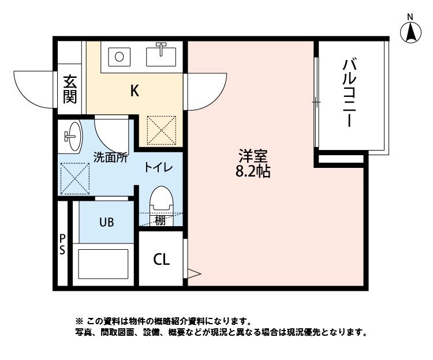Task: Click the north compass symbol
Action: click(410, 32)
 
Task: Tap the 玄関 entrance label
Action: click(70, 89)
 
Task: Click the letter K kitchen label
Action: click(134, 91)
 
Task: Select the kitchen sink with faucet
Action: click(162, 55)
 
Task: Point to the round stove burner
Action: click(119, 57)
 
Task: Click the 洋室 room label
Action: click(253, 156)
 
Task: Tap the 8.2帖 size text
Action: click(253, 171)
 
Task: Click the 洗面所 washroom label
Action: click(111, 156)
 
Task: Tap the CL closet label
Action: click(161, 260)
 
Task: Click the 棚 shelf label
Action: click(160, 220)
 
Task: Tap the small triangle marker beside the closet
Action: click(193, 273)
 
